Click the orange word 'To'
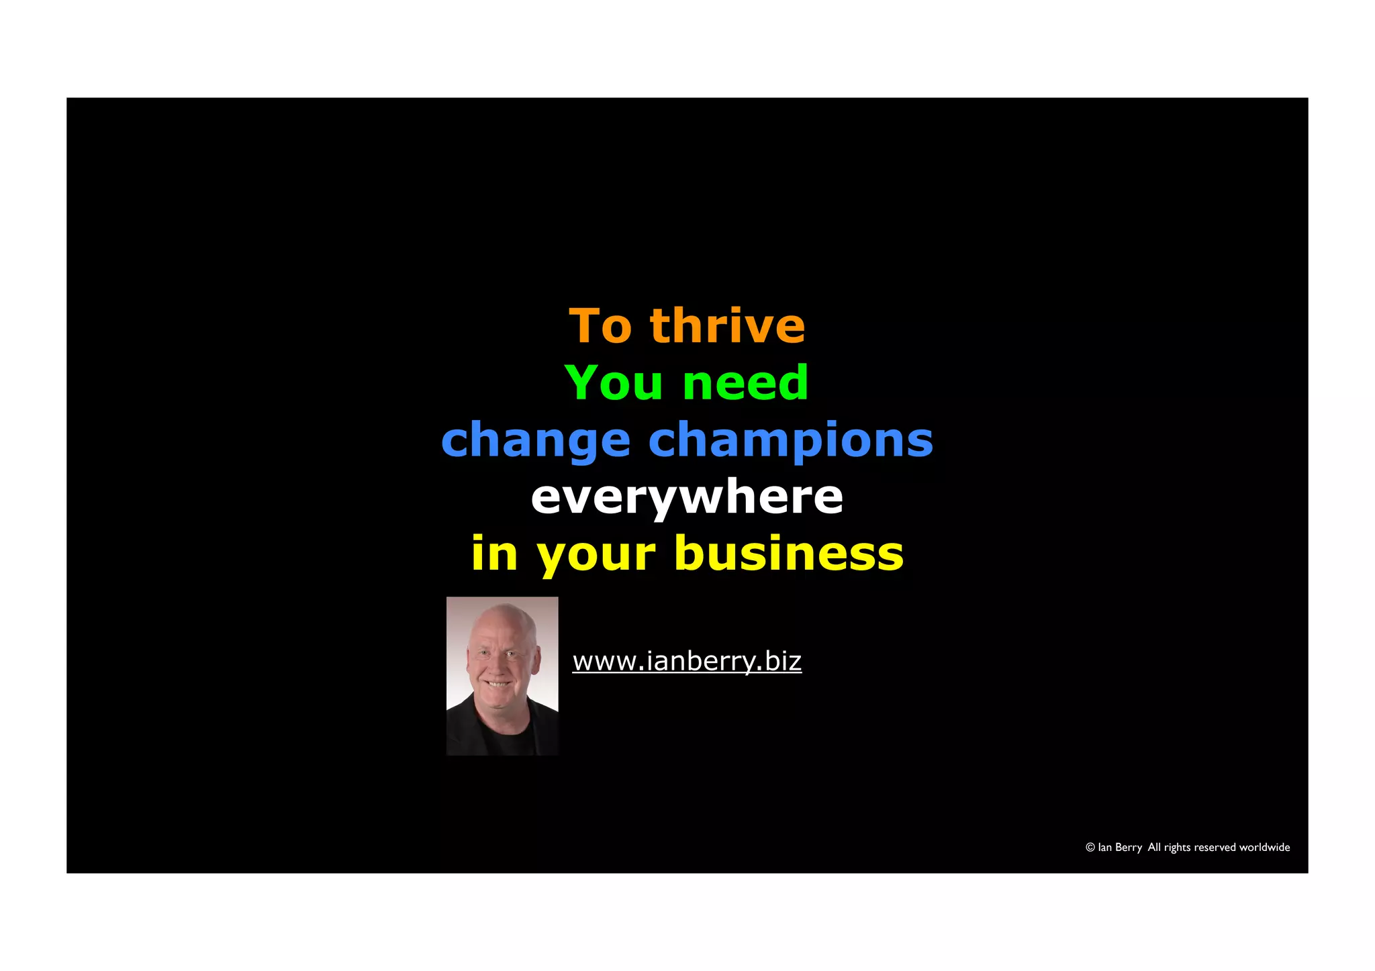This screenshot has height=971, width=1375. pos(600,326)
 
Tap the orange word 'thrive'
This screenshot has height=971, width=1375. pos(727,326)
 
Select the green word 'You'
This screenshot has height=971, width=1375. pos(613,383)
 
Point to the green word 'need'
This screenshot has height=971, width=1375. pos(745,383)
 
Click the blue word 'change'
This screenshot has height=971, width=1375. pos(536,442)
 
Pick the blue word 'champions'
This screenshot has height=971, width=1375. pos(790,442)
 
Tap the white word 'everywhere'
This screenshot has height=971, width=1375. pos(687,497)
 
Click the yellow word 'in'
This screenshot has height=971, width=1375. pos(494,554)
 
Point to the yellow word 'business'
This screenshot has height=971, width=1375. pos(789,554)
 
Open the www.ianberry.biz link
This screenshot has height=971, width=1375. pos(687,662)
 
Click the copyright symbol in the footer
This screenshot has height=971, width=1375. pos(1090,848)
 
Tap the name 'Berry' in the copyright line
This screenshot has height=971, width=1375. pos(1129,848)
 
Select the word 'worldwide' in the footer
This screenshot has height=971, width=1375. pos(1264,848)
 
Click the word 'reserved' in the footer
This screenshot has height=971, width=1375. pos(1215,848)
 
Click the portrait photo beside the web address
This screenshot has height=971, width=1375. pos(502,676)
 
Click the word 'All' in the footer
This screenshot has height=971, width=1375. pos(1154,848)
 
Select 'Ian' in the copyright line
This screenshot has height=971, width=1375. pos(1104,848)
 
